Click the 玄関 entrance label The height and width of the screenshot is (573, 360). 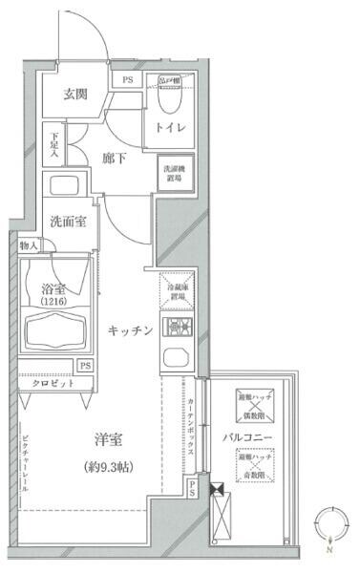point(76,94)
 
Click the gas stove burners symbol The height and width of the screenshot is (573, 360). point(178,329)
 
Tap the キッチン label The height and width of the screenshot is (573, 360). point(131,329)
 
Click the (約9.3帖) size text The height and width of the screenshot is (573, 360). point(109,467)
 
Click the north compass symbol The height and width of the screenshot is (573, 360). point(328,526)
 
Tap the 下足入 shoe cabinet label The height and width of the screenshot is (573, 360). point(54,146)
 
